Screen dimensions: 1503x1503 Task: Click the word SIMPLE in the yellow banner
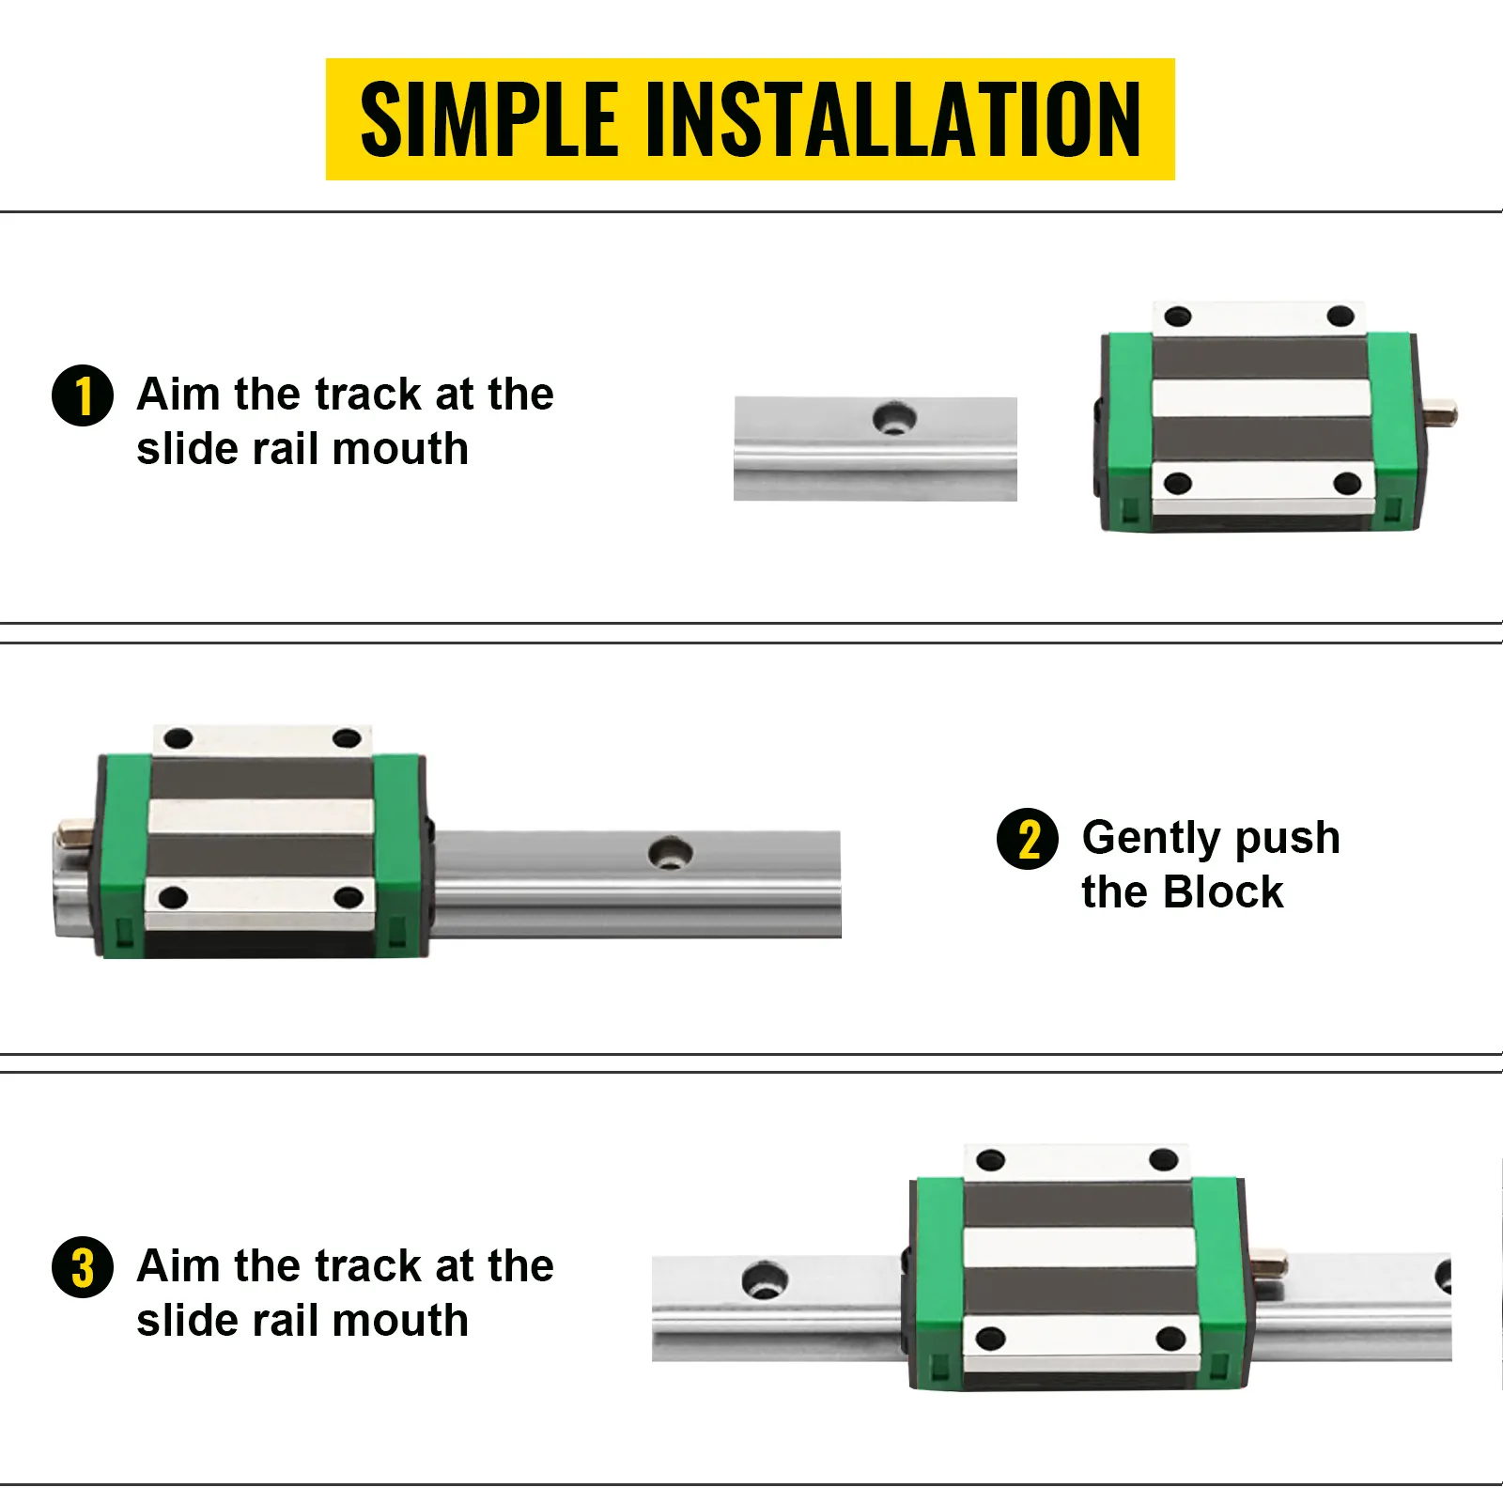[488, 119]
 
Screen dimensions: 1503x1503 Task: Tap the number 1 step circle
[83, 395]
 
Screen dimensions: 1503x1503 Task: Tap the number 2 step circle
[1028, 839]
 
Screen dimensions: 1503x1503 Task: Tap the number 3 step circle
[83, 1267]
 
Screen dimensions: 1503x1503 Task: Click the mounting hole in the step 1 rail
[894, 417]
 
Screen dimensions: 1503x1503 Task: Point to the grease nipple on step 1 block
[1442, 411]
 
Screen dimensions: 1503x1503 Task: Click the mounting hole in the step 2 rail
[671, 853]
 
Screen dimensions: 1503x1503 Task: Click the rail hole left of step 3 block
[765, 1281]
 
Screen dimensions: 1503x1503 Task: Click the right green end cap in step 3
[1219, 1282]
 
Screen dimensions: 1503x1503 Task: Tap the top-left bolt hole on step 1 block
[1177, 318]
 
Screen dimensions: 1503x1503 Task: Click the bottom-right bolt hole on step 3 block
[1170, 1338]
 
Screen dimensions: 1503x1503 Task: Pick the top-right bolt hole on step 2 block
[347, 738]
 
